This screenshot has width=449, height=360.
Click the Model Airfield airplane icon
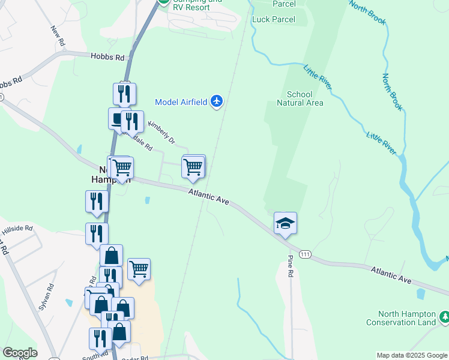pos(217,101)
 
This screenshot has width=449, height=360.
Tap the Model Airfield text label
pos(182,101)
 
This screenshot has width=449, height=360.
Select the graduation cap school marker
pos(286,224)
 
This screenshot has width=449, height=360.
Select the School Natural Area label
pos(300,98)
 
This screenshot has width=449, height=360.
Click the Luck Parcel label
pos(274,19)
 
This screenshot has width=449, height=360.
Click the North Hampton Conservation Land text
pos(407,319)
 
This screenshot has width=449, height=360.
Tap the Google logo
pos(20,353)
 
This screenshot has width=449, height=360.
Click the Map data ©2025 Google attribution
pos(412,355)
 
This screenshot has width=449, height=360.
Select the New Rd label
pos(58,36)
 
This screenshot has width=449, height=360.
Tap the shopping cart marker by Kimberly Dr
pos(193,167)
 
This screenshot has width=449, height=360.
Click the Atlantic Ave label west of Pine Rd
pos(209,197)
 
